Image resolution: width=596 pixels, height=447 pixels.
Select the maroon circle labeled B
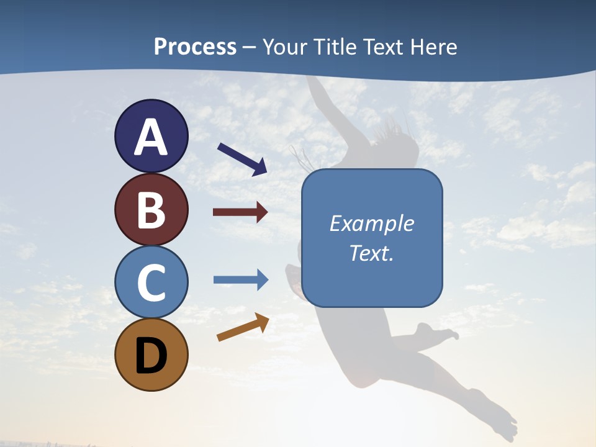point(151,209)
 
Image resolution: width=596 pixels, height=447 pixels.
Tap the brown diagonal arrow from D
point(243,327)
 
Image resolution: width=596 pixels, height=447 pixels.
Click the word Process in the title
point(195,47)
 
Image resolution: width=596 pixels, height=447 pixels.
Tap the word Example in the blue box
point(372,223)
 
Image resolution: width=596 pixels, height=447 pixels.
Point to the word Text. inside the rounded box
point(372,253)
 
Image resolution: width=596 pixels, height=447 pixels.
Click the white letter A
point(151,137)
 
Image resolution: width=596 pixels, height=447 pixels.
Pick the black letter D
point(151,356)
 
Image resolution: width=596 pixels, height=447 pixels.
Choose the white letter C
point(151,282)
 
